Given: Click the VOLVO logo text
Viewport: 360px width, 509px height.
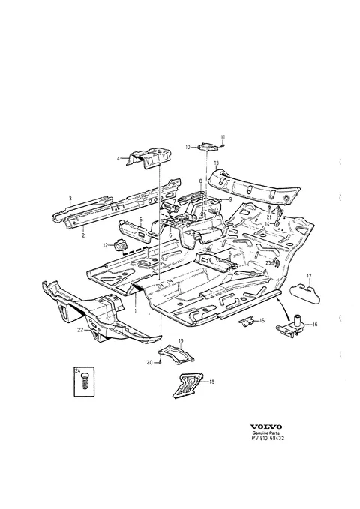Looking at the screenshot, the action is click(x=265, y=427).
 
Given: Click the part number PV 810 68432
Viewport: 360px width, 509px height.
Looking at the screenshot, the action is click(x=268, y=438).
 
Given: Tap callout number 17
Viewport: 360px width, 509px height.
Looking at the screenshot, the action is click(x=309, y=276).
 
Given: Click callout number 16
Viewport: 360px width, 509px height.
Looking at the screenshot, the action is click(x=315, y=324).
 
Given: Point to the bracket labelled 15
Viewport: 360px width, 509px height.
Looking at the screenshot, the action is click(x=247, y=322).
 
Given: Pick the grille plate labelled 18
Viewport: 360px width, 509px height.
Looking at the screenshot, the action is click(x=187, y=385).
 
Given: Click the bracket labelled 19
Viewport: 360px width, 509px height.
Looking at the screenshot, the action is click(x=176, y=355).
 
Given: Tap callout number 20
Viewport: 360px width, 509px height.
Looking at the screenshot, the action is click(x=149, y=363).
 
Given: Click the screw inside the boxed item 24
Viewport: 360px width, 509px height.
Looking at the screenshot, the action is click(x=85, y=380).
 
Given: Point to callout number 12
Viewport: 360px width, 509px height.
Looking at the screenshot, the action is click(x=105, y=246).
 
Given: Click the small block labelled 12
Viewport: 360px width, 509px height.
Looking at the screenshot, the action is click(x=119, y=244).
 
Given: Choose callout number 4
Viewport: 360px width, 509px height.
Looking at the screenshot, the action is click(x=118, y=158).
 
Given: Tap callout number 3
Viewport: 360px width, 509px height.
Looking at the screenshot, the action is click(x=70, y=199).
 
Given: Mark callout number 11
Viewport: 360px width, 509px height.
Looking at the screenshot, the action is click(x=223, y=137).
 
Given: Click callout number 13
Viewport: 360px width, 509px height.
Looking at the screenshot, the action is click(x=217, y=163).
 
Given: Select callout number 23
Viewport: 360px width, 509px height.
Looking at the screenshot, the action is click(x=268, y=262).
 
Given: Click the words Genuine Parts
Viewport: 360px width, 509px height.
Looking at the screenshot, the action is click(x=266, y=433).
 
